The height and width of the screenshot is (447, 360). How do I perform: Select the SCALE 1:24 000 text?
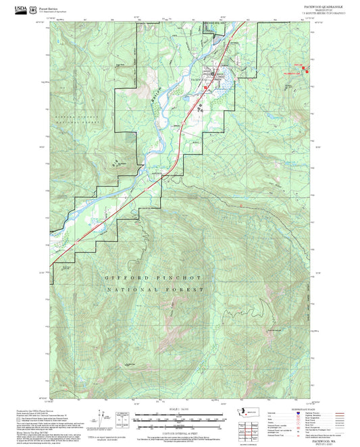click(x=177, y=409)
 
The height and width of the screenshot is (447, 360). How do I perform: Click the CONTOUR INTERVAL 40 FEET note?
click(x=177, y=433)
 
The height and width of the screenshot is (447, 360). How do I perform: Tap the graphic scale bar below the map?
click(x=177, y=420)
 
